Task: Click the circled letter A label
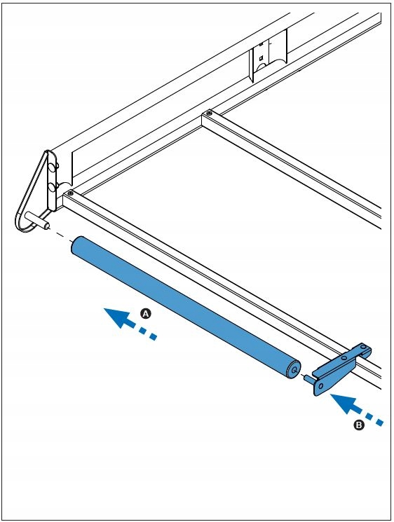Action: coord(146,314)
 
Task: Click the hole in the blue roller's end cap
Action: coord(294,367)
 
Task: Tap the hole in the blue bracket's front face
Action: coord(320,385)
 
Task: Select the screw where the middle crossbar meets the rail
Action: coord(207,113)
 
